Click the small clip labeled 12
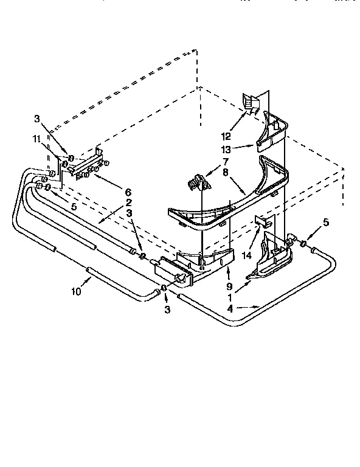250,102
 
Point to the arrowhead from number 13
253,145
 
